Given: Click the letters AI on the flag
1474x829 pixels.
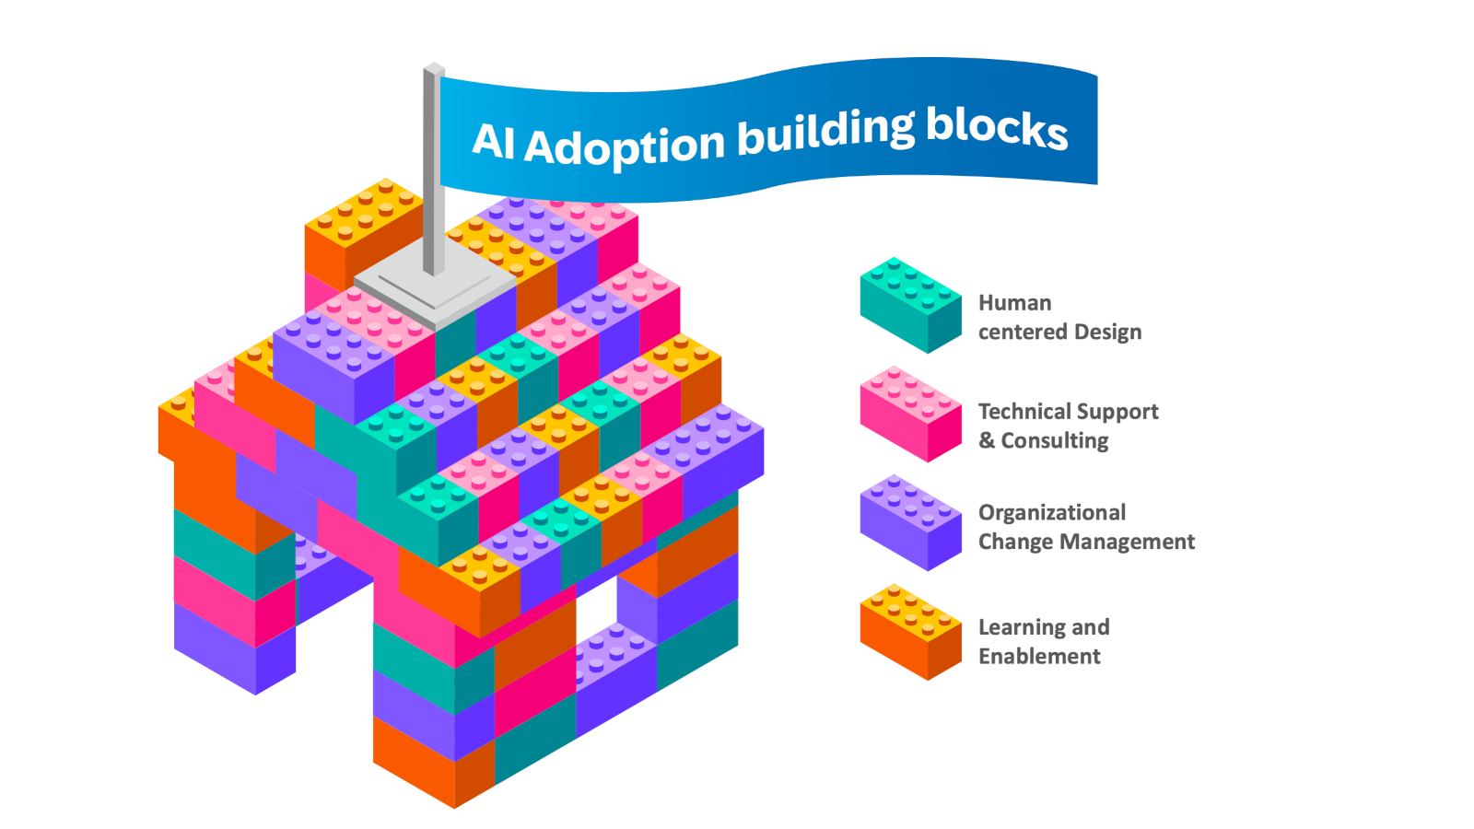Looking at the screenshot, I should [x=493, y=141].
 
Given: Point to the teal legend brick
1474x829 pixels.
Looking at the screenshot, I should [x=910, y=305].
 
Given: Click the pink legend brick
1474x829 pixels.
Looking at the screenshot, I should [x=910, y=414].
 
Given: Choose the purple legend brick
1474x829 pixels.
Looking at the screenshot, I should [x=910, y=522].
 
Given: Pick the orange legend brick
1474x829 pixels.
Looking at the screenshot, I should [x=910, y=632].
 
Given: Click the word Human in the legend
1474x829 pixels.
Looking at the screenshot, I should [x=1014, y=303].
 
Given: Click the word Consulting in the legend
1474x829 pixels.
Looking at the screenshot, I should [x=1055, y=440].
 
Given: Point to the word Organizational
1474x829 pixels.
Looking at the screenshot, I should [x=1051, y=512].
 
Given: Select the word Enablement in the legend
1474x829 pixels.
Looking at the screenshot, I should [x=1039, y=656].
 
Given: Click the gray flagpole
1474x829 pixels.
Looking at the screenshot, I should [x=432, y=166].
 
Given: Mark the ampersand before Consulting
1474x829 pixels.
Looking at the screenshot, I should [x=987, y=440].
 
